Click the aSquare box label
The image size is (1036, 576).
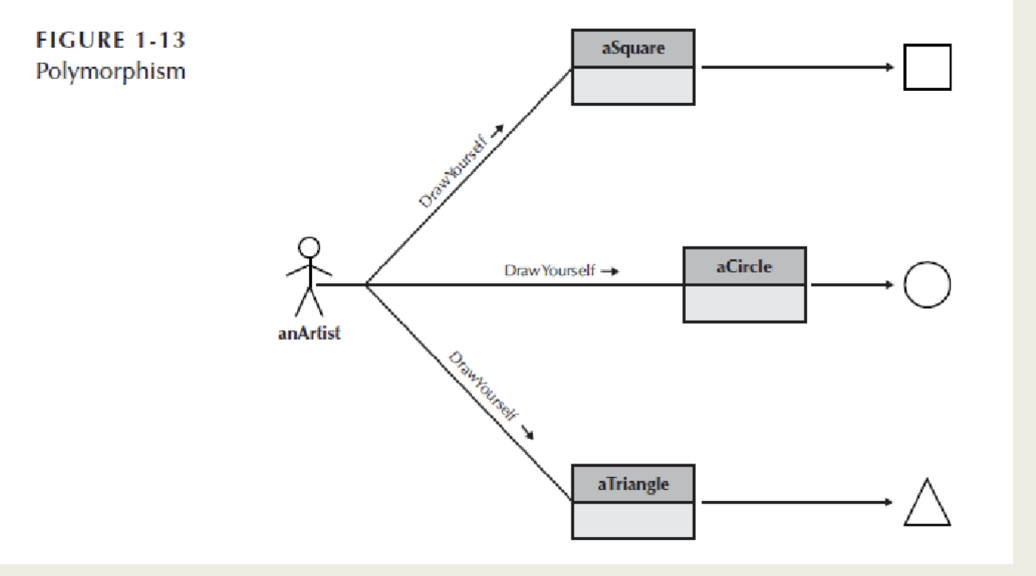tap(633, 49)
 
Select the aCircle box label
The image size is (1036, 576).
tap(744, 266)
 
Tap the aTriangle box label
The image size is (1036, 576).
tap(633, 483)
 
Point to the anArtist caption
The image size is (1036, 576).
tap(309, 333)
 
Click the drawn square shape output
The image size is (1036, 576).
tap(927, 67)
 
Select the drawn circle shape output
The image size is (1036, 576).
tap(927, 284)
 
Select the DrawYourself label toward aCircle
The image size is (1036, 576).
tap(551, 270)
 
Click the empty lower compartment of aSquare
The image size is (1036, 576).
tap(633, 85)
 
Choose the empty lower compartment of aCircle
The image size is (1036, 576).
tap(744, 303)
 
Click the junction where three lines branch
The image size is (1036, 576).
tap(365, 284)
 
